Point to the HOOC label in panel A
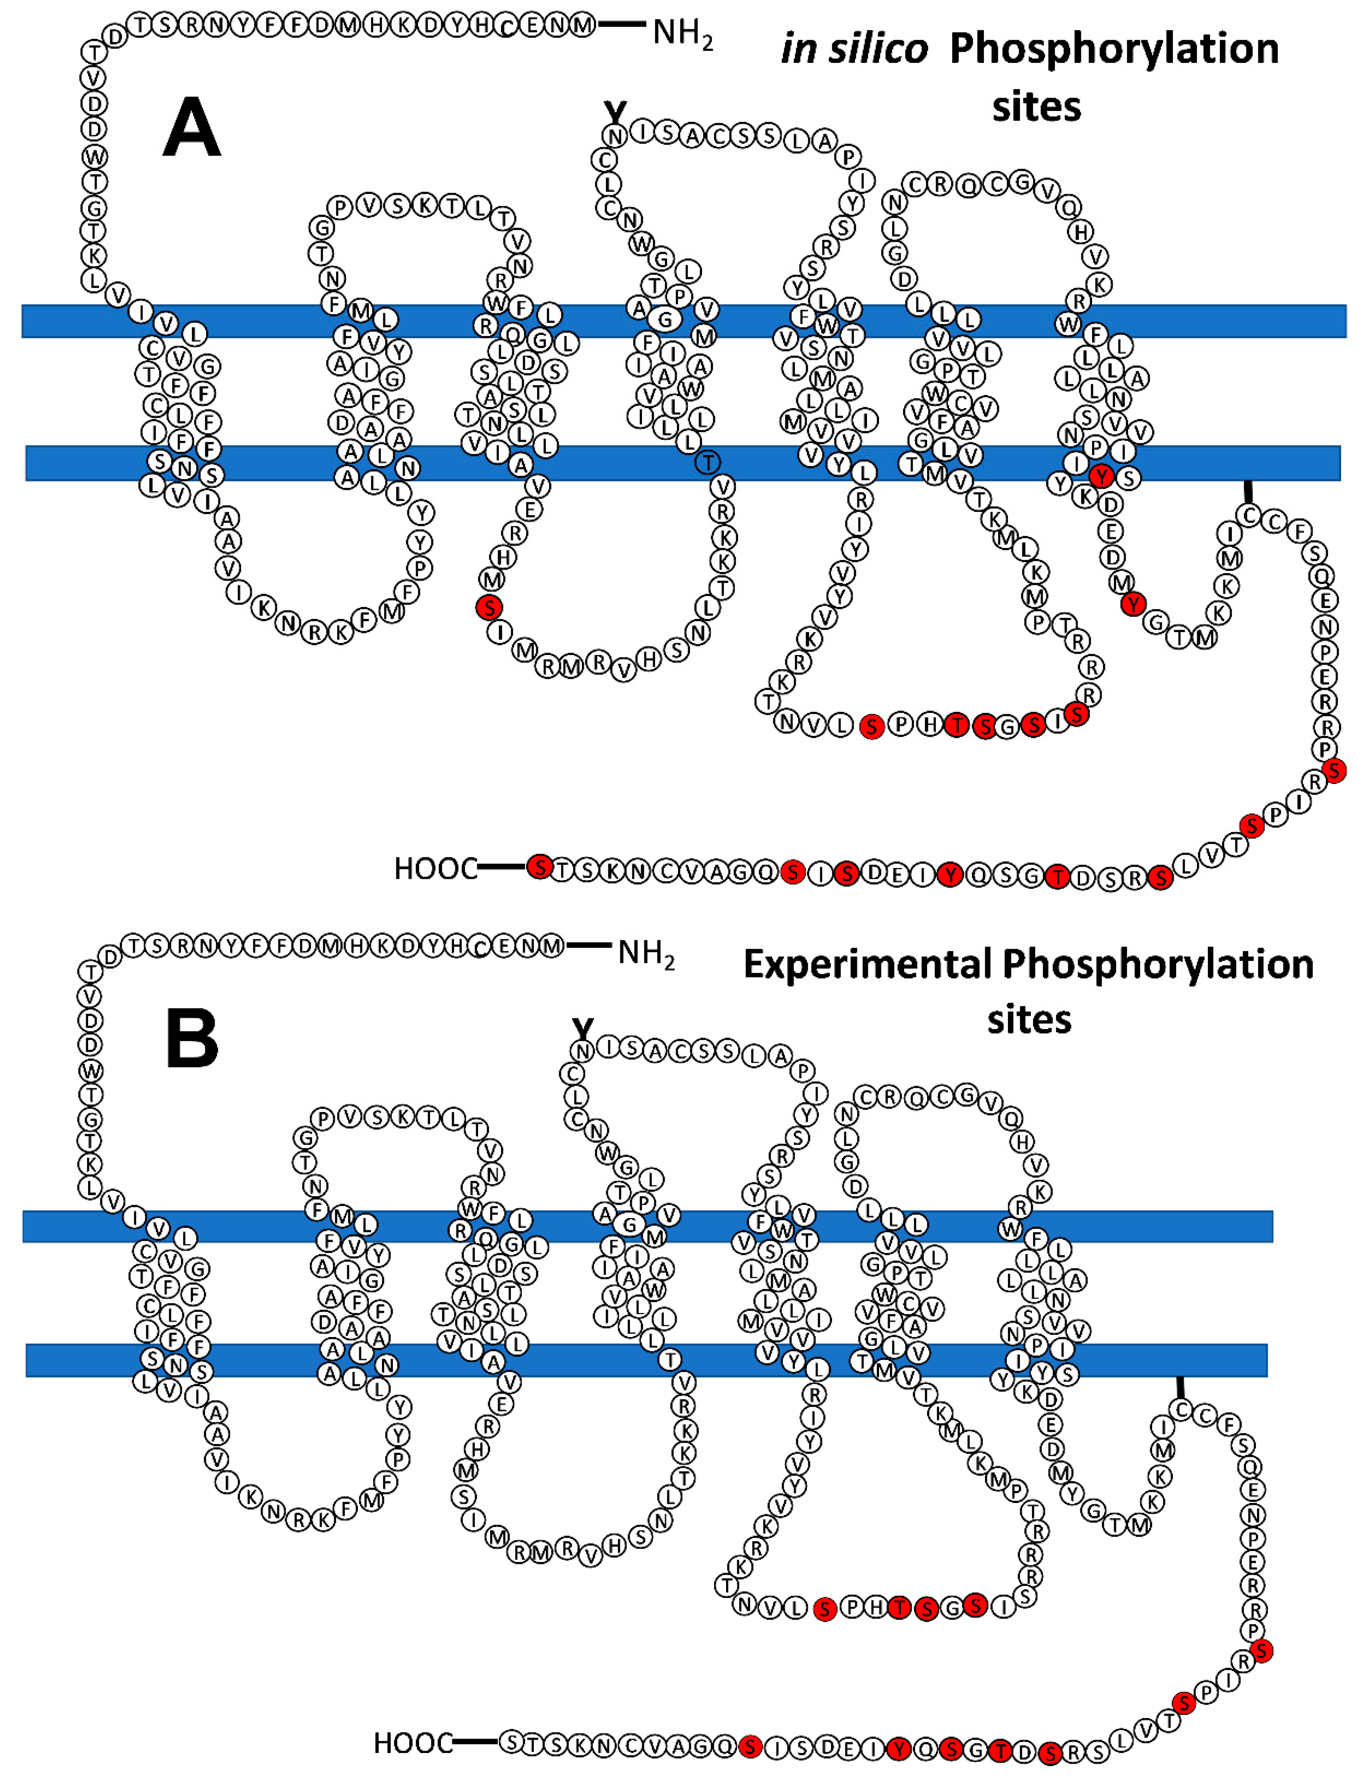[x=435, y=868]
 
